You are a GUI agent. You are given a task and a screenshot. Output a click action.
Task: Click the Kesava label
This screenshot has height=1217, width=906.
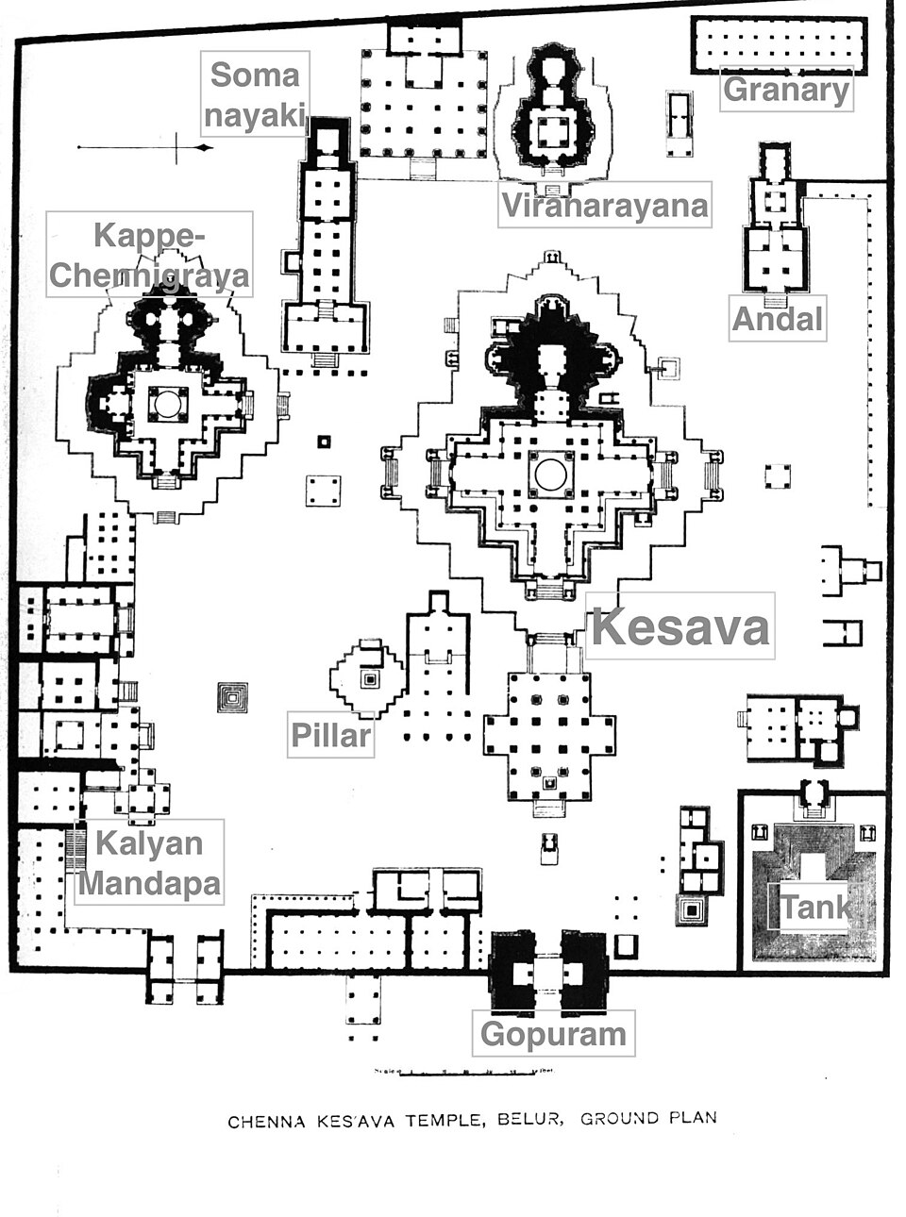click(x=679, y=626)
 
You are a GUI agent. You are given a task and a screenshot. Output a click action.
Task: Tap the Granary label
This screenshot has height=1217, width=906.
click(x=786, y=91)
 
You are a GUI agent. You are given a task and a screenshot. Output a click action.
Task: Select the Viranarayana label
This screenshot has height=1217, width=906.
click(x=604, y=205)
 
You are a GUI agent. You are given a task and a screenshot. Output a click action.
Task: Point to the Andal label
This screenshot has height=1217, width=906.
click(x=778, y=319)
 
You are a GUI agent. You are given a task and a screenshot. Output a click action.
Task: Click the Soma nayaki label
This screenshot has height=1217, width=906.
click(x=254, y=94)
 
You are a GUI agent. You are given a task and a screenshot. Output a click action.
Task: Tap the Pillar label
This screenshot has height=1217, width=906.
click(x=330, y=735)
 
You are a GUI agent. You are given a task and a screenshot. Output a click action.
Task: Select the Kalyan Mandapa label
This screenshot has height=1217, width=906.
click(x=149, y=862)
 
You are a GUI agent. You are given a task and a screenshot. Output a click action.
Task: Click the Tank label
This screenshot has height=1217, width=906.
click(x=814, y=908)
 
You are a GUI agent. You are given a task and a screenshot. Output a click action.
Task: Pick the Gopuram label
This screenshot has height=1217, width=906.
click(x=553, y=1034)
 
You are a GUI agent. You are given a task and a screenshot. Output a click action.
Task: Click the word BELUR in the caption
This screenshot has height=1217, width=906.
click(x=532, y=1121)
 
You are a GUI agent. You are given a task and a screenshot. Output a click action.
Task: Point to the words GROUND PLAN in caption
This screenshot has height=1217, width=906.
click(x=648, y=1119)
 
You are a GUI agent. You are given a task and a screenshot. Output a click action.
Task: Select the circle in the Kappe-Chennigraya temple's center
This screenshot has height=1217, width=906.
click(x=167, y=403)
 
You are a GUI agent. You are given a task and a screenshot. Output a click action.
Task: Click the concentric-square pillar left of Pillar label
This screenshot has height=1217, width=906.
click(x=231, y=697)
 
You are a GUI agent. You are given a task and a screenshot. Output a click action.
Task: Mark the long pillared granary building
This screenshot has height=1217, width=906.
click(x=780, y=43)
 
